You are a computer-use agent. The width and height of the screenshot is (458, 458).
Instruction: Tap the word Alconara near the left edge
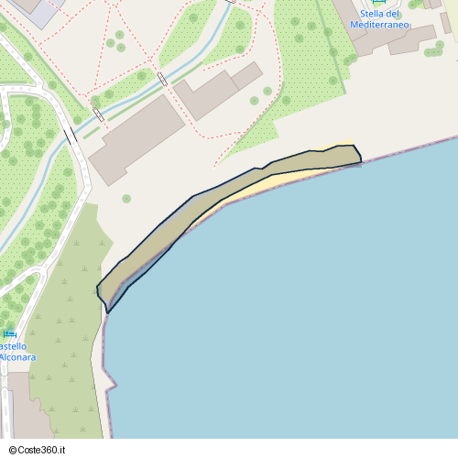(x=17, y=356)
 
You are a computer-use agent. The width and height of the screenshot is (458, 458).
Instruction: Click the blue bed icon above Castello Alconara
(x=9, y=333)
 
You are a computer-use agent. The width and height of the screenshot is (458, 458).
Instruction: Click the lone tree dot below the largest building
(x=126, y=199)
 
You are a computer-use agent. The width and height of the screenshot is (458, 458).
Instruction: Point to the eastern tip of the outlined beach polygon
(x=361, y=162)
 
